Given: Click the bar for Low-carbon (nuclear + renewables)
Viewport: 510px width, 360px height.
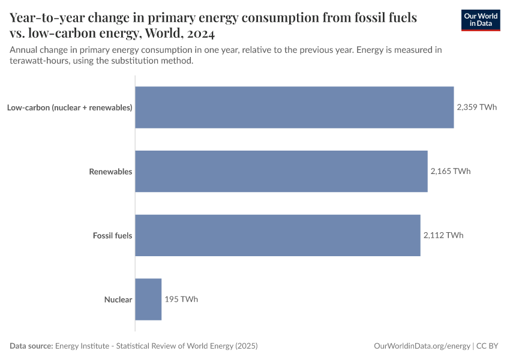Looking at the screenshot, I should coord(294,107).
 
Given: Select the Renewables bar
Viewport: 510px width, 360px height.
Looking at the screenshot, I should coord(281,171).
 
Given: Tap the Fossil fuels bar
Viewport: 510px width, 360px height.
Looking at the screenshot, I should coord(277,235).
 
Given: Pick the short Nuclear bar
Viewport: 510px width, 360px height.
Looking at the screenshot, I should coord(148,299).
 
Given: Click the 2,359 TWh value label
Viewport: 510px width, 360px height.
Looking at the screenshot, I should coord(476,107).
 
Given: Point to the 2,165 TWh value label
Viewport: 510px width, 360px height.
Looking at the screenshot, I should coord(450,171).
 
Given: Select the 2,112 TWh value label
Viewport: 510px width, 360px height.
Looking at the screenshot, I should coord(443,235).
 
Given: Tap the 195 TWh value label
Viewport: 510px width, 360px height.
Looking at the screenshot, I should coord(181,299).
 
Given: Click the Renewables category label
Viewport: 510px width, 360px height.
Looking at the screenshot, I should coord(110,172).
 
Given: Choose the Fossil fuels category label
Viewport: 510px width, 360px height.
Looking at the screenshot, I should coord(112,235).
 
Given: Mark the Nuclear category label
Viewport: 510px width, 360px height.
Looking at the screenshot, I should coord(118,299).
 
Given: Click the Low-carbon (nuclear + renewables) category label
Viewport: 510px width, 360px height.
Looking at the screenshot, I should coord(70,108).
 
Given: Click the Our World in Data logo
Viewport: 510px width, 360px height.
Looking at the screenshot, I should coord(481,19).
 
